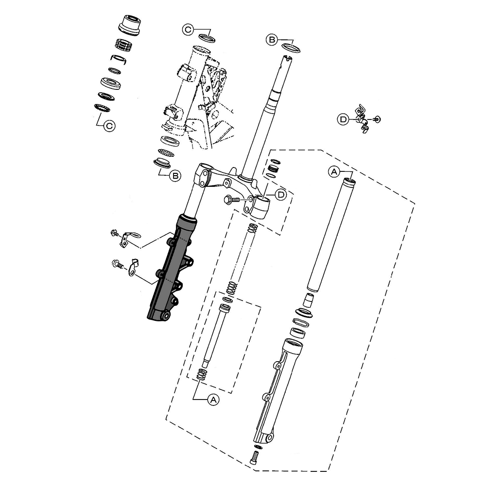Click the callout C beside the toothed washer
click(x=109, y=126)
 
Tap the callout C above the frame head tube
click(x=188, y=30)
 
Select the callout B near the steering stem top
click(x=272, y=40)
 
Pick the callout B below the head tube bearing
click(x=175, y=176)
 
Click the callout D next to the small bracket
click(x=343, y=119)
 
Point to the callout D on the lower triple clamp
click(x=281, y=195)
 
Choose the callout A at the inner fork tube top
click(x=334, y=171)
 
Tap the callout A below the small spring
click(x=213, y=400)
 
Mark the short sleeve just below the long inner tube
click(x=309, y=300)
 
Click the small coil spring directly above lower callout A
click(x=202, y=374)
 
